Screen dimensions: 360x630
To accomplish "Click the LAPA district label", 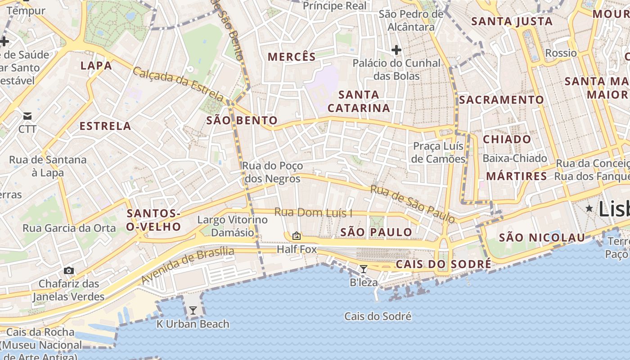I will point(96,66).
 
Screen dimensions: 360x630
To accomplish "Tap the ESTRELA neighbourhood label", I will point(105,126).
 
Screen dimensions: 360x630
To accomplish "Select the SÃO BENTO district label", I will point(242,121).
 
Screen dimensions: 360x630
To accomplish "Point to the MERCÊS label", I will point(292,57).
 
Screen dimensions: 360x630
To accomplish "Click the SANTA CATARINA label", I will point(359,101).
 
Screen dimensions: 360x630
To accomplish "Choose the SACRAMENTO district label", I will point(501,100).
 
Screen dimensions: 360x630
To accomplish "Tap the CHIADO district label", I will point(507,139).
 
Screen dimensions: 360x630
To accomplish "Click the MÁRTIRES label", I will point(516,176).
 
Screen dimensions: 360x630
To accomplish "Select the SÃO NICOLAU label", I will point(542,238).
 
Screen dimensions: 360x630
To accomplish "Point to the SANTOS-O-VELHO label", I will point(153,220).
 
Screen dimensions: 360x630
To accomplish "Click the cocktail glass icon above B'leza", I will point(364,269).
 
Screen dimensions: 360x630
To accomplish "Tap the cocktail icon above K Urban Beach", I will point(193,310).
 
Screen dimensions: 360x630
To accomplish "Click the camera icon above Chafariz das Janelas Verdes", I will point(68,270).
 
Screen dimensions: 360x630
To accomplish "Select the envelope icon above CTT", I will point(27,116).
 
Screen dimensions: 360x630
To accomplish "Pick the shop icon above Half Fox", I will point(297,235).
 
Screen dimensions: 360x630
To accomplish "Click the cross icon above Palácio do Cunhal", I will point(396,49).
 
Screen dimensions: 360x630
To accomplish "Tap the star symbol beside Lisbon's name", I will point(589,208).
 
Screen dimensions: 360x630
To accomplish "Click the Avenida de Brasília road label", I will point(188,265).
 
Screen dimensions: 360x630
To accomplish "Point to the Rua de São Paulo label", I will point(412,203).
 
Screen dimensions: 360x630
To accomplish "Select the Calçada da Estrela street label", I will point(178,84).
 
